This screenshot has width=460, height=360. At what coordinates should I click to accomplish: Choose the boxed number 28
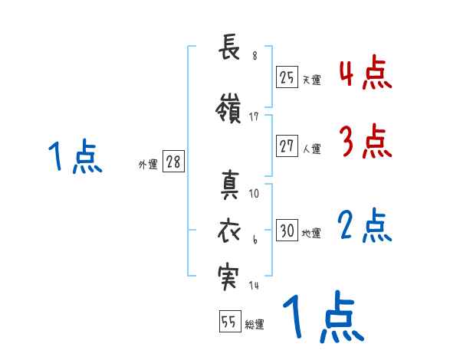click(x=173, y=162)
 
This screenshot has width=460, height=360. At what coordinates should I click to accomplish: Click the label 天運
click(x=311, y=79)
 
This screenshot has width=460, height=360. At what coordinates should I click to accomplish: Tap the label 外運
click(x=148, y=164)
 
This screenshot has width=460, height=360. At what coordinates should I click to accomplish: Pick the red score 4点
click(x=365, y=73)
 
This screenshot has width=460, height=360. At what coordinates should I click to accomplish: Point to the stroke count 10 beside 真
click(x=255, y=194)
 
